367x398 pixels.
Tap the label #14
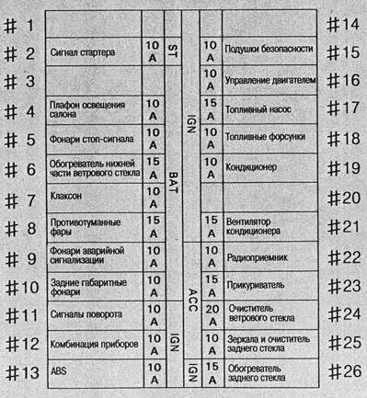[342, 26]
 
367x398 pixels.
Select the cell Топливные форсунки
[266, 138]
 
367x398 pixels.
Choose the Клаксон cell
[72, 198]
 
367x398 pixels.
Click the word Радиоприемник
[260, 257]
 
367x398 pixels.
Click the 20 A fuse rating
[211, 314]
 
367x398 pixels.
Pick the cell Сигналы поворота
[86, 314]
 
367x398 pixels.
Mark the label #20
[342, 199]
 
